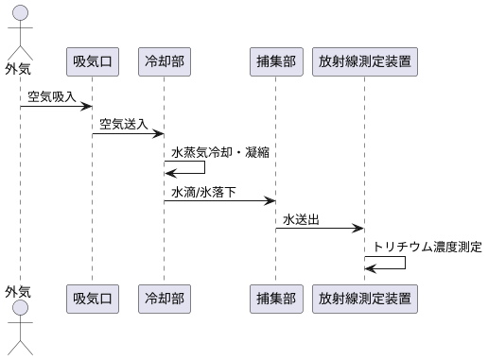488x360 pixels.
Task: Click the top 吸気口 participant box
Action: [92, 61]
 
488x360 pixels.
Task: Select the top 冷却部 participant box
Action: [163, 61]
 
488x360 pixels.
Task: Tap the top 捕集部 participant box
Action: [275, 61]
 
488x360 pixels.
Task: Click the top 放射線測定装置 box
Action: [364, 61]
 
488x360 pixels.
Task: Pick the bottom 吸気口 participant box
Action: [92, 298]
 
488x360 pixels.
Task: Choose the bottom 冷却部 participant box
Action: [163, 298]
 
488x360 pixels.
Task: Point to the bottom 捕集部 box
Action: [275, 298]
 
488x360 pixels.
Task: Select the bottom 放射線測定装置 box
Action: [364, 298]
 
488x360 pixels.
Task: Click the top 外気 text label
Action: [18, 68]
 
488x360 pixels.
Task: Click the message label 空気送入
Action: [126, 124]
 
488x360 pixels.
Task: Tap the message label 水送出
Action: [301, 219]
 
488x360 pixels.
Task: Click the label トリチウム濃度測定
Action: [427, 247]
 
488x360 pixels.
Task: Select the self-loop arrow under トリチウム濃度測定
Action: [388, 262]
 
